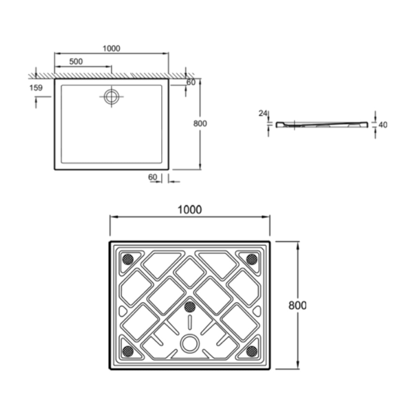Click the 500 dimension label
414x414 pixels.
(x=76, y=61)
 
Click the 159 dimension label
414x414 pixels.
(x=36, y=88)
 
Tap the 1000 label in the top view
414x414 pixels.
(x=111, y=48)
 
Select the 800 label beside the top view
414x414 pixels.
(x=200, y=124)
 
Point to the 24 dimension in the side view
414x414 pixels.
(x=263, y=113)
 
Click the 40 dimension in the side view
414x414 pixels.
(x=383, y=125)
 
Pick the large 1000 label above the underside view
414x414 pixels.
(x=189, y=209)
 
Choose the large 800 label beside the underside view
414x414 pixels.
(x=297, y=305)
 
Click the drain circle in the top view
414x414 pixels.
(x=111, y=97)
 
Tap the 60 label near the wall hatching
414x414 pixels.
(x=191, y=82)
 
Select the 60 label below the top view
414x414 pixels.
(x=152, y=177)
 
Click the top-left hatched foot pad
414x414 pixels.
(x=128, y=259)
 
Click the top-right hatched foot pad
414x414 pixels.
(x=252, y=259)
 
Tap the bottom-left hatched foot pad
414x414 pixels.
(x=128, y=351)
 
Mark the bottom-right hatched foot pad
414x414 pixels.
(x=252, y=351)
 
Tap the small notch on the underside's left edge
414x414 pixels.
(x=122, y=311)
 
